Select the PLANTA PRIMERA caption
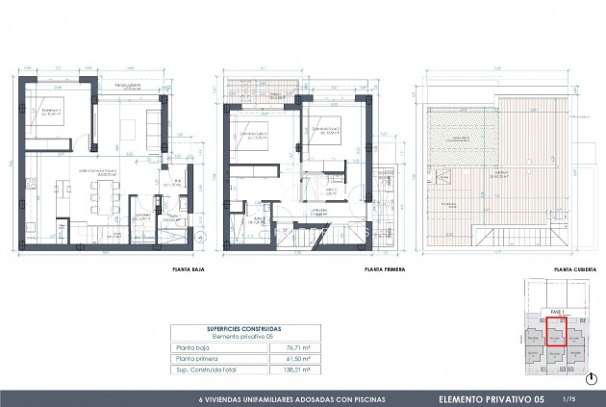click(x=382, y=270)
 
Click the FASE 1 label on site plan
click(x=556, y=312)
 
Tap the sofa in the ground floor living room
click(x=153, y=123)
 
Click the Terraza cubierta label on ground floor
click(x=123, y=87)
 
